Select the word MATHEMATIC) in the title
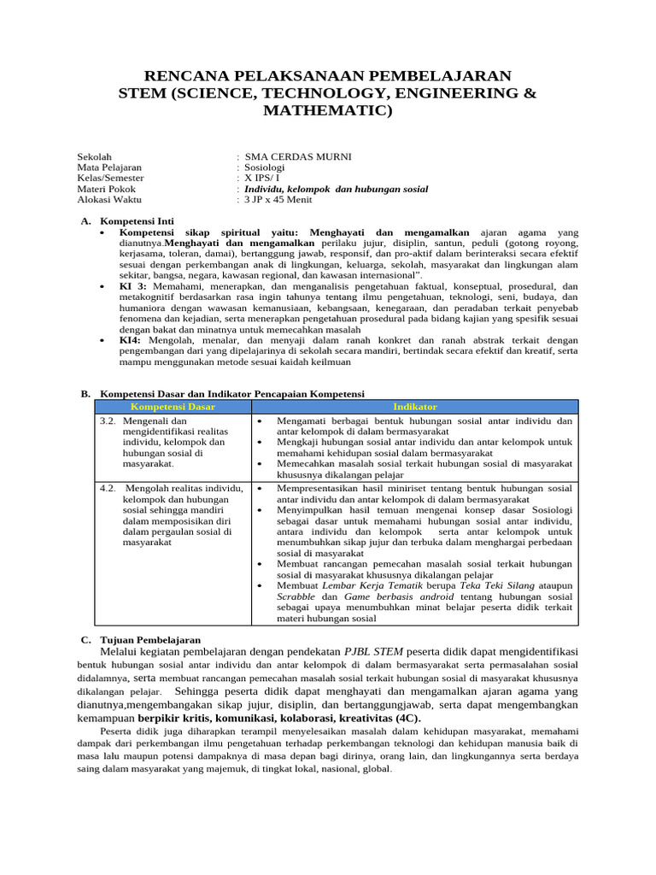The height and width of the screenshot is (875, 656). [328, 110]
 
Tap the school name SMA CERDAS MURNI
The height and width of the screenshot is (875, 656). [285, 157]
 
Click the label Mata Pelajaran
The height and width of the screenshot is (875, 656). [109, 167]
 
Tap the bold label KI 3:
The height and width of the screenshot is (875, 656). [133, 286]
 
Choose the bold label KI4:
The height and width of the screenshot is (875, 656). [131, 340]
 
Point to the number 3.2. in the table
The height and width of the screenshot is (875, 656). [108, 421]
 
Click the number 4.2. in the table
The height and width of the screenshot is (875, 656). [108, 488]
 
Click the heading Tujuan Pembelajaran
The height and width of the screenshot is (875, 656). [151, 639]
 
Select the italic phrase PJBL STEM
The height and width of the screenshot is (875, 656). [372, 652]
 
